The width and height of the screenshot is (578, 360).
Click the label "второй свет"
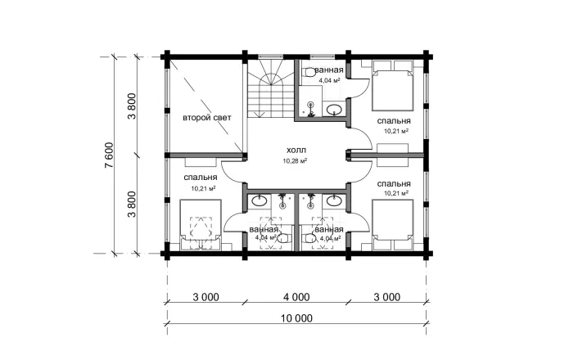pos(207,118)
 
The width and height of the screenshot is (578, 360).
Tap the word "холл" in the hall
pos(296,151)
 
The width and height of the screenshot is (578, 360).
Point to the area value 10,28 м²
pos(295,160)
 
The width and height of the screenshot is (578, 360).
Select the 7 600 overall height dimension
pos(110,155)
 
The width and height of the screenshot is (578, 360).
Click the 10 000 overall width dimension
pos(296,317)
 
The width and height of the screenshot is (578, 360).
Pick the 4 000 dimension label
pos(296,297)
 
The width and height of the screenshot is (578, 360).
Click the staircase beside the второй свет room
pos(271,88)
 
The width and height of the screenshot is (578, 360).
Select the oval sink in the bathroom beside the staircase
pos(334,109)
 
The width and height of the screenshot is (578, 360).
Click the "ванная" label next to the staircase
pos(329,70)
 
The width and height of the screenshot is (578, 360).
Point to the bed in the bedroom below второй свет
pos(201,225)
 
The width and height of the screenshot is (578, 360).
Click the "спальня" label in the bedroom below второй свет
pos(200,178)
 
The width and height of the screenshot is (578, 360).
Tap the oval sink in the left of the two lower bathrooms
pos(260,200)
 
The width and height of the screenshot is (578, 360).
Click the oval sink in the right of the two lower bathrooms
pos(334,200)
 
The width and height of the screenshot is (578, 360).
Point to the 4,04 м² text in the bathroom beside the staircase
pos(329,80)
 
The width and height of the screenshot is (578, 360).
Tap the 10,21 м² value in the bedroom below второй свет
pos(203,188)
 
